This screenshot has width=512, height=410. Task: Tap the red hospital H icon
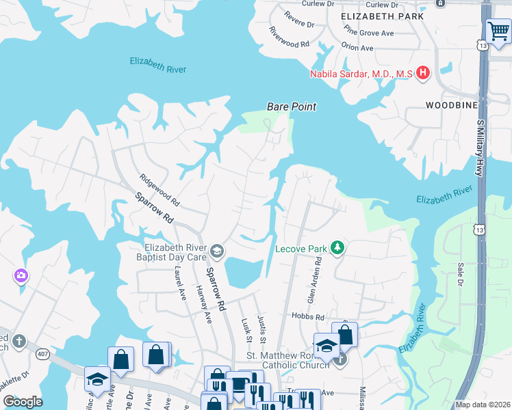click(423, 72)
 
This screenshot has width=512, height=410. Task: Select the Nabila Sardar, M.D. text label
click(361, 74)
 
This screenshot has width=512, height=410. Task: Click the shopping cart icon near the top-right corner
click(498, 31)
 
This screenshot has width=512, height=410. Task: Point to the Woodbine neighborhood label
click(450, 105)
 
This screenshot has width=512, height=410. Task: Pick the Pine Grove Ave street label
click(369, 31)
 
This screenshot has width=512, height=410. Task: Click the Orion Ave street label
click(357, 48)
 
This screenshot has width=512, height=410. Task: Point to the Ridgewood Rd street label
click(159, 191)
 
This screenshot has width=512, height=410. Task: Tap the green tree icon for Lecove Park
click(336, 247)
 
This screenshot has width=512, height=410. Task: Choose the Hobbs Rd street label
click(310, 317)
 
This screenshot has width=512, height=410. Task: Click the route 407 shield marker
click(43, 353)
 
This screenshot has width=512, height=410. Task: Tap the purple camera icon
click(21, 275)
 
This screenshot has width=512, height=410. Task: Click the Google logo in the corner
click(23, 401)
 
